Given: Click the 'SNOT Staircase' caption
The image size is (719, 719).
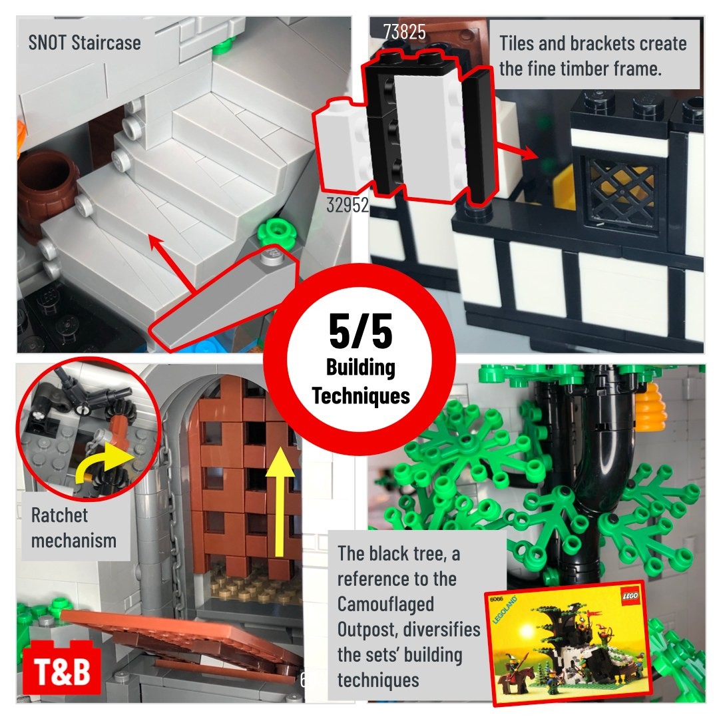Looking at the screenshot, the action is tap(85, 43).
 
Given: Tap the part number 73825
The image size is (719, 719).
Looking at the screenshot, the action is tap(405, 32).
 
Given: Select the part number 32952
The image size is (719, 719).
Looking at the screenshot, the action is tap(347, 205).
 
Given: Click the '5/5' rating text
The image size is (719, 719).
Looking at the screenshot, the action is tap(360, 331).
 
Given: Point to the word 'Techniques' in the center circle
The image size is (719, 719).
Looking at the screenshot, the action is tap(361, 395).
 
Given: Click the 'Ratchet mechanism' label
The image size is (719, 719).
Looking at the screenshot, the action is tap(73, 528).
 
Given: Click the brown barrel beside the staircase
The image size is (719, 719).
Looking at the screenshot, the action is tap(45, 192).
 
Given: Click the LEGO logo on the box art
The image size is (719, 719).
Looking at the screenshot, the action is tap(629, 596).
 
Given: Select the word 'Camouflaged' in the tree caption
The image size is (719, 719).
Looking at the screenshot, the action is tap(385, 604).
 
